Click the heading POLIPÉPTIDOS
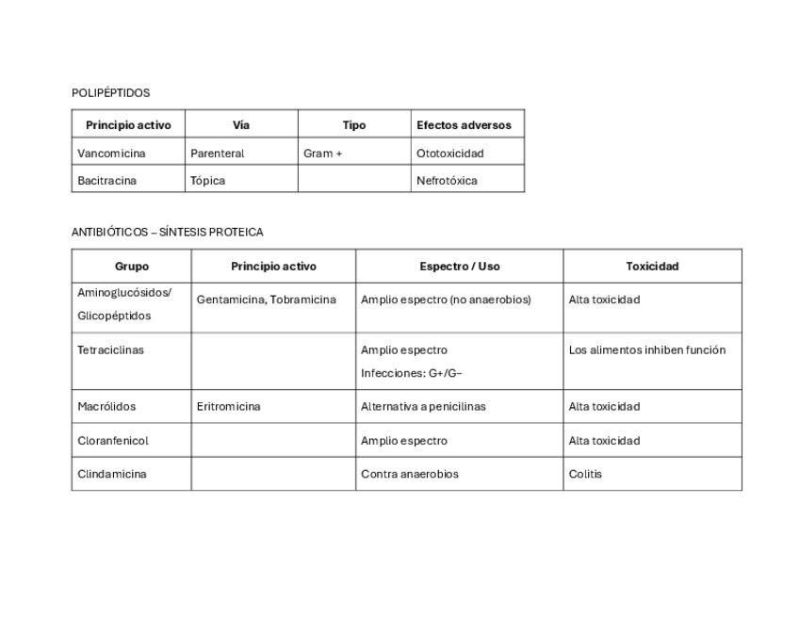click(x=110, y=93)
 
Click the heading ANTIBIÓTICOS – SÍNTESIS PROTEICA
click(x=167, y=232)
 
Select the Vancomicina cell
click(x=111, y=153)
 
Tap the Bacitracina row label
click(x=106, y=180)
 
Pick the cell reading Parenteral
click(x=217, y=153)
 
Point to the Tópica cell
click(x=207, y=180)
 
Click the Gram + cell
click(x=322, y=153)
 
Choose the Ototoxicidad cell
click(x=449, y=153)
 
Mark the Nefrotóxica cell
click(x=447, y=180)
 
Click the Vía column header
click(x=241, y=124)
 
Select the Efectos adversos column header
click(x=464, y=124)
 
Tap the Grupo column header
click(x=132, y=267)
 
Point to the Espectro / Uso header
click(x=460, y=267)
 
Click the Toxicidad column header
click(x=652, y=267)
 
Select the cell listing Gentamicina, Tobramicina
click(x=266, y=300)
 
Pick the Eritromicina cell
click(x=228, y=407)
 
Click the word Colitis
click(x=585, y=474)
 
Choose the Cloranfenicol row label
click(x=113, y=441)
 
